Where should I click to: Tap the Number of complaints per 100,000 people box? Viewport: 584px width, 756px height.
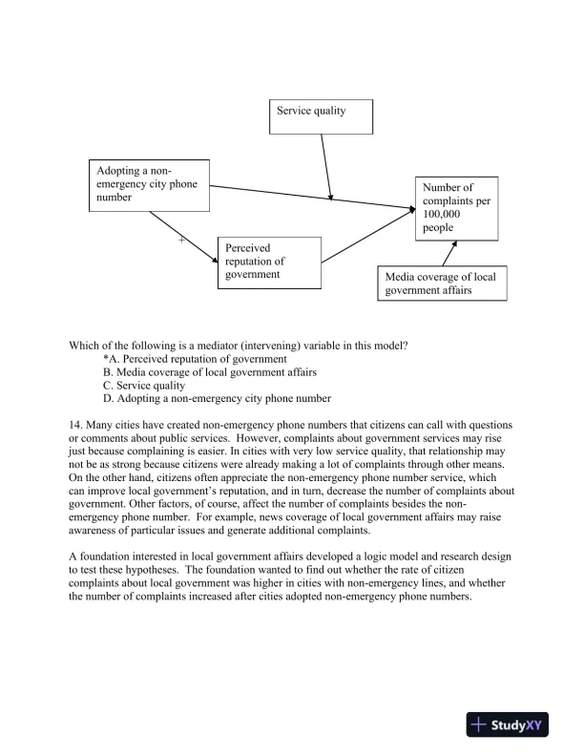pyautogui.click(x=456, y=207)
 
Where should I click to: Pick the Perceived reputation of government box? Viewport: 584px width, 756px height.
pyautogui.click(x=267, y=262)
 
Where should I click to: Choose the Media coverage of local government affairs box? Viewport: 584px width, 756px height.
pyautogui.click(x=441, y=283)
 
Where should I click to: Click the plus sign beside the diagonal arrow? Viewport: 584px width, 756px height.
pyautogui.click(x=181, y=240)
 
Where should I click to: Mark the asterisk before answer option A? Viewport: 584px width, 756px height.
pyautogui.click(x=106, y=359)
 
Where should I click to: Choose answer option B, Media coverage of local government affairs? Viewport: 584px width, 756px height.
pyautogui.click(x=210, y=372)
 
